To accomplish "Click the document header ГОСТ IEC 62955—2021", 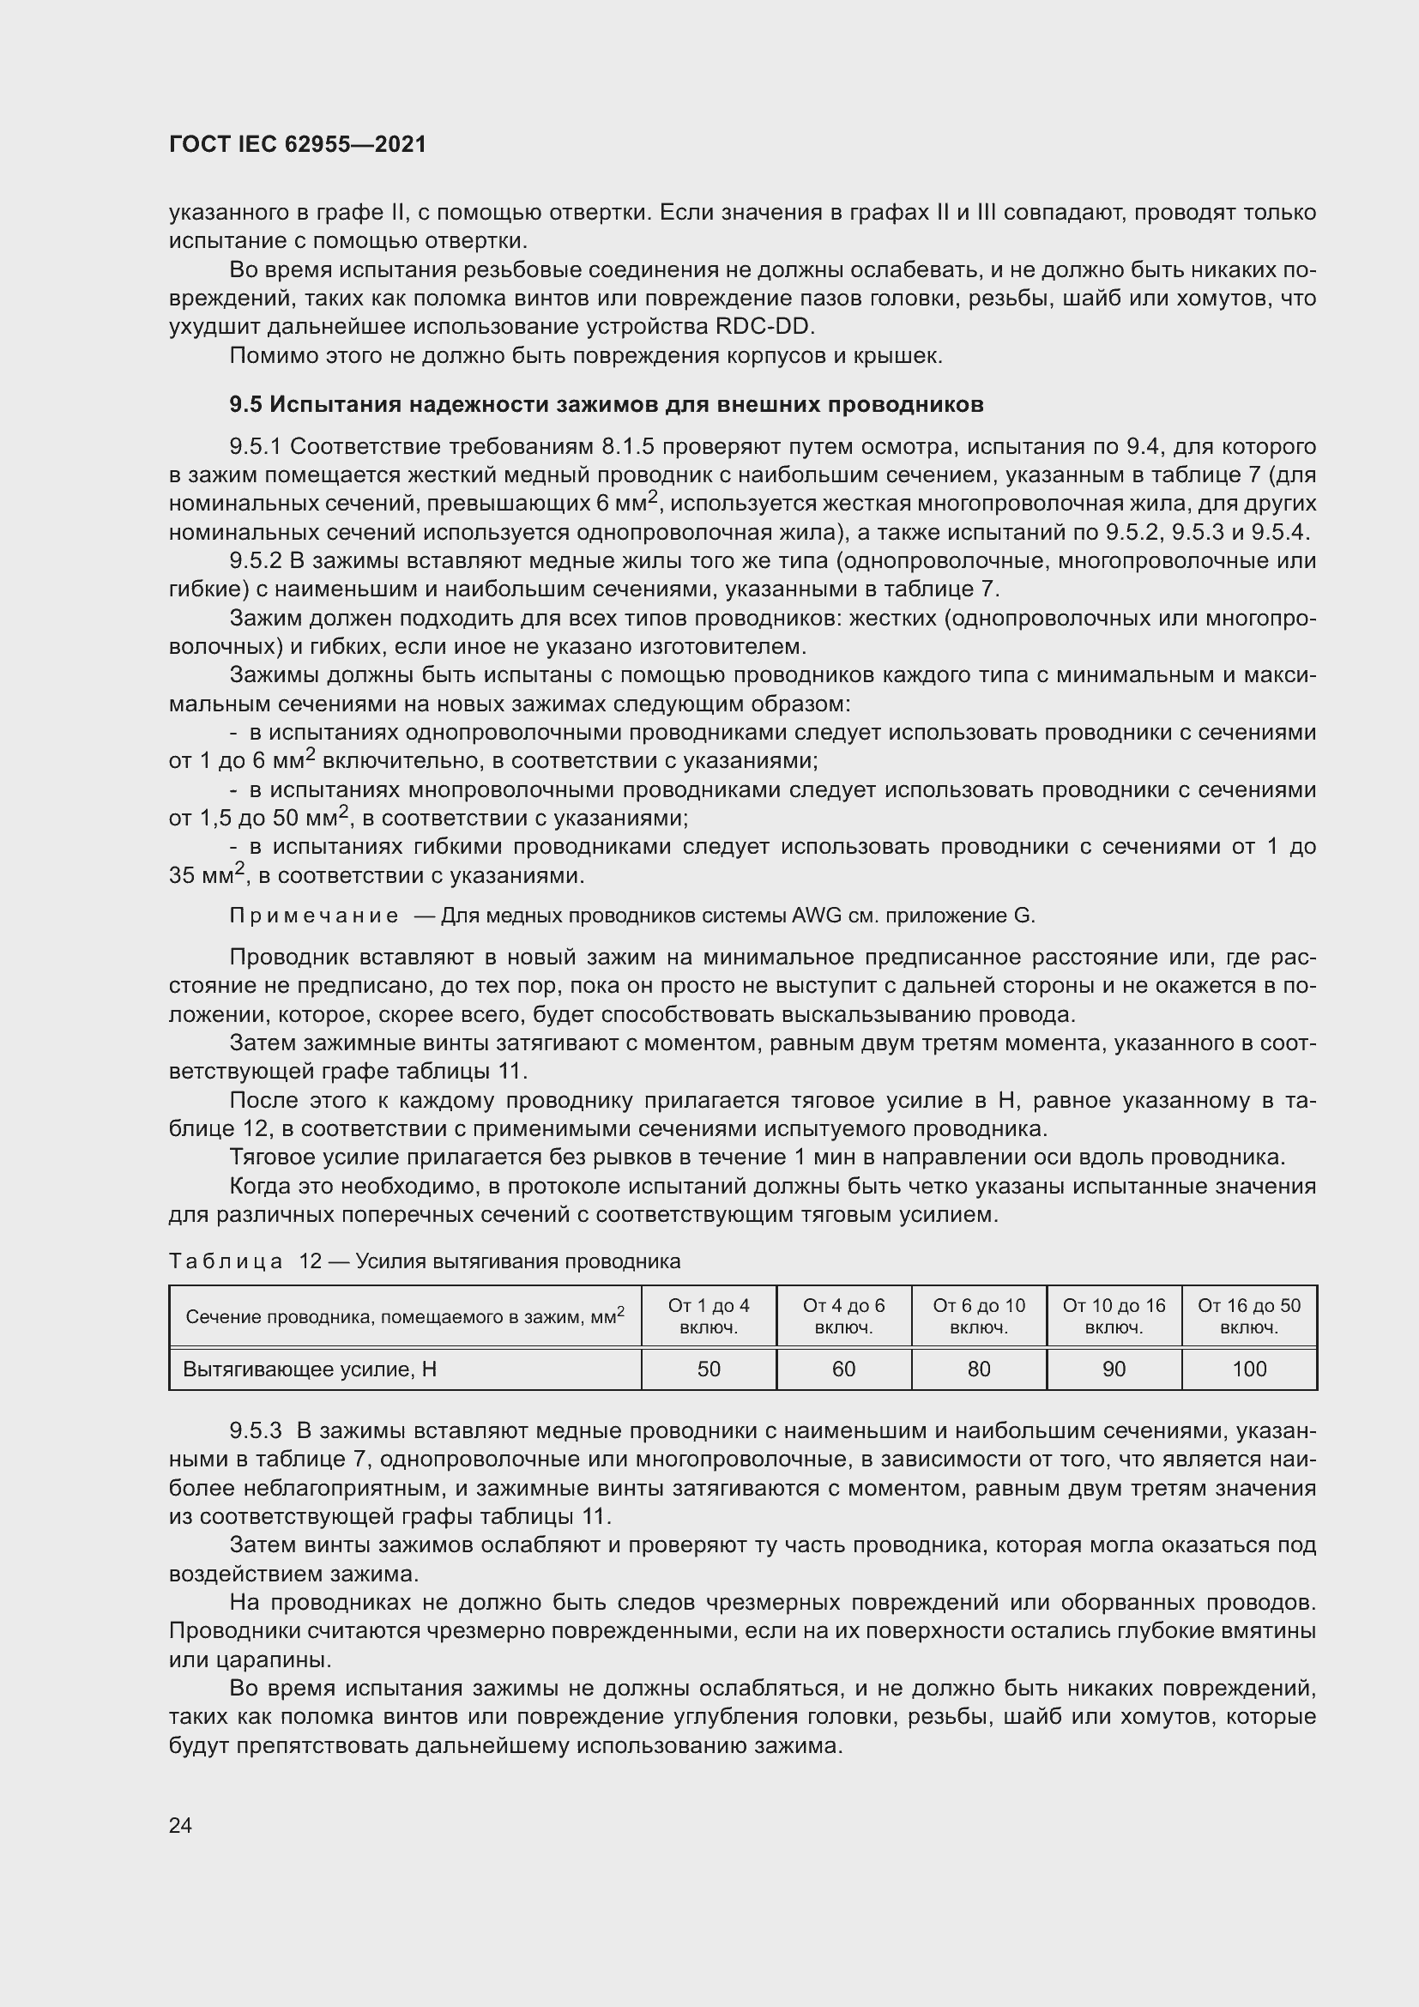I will (297, 144).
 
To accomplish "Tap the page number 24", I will (180, 1825).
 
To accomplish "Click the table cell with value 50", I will (709, 1369).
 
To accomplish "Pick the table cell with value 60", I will (843, 1369).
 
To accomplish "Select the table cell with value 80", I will (979, 1369).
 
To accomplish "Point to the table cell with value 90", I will (1114, 1369).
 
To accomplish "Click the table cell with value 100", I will (1248, 1369).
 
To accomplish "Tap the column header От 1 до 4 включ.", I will (709, 1316).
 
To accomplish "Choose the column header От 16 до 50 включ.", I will (1248, 1316).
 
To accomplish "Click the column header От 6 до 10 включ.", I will (979, 1316).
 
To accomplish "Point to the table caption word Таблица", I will (226, 1261).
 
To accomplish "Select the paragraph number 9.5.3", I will (255, 1431).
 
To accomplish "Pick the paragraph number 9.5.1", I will (255, 447).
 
